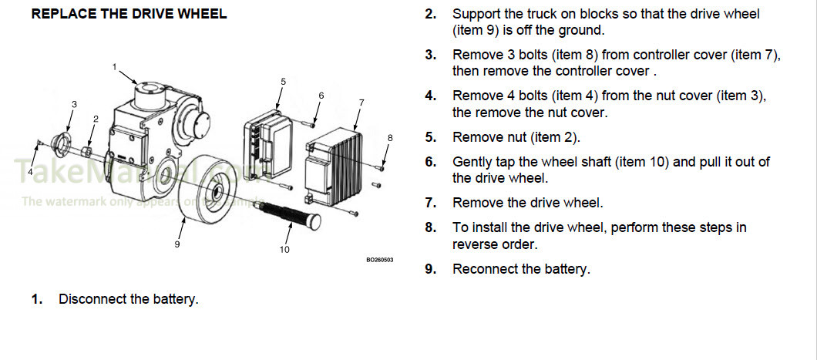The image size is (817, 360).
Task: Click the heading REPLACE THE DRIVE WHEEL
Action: point(129,15)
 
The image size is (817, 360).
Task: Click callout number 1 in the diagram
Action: point(114,67)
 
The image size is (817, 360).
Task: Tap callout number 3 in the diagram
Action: point(74,104)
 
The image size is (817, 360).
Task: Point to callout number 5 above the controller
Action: point(283,81)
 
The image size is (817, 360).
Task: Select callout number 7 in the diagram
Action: point(361,103)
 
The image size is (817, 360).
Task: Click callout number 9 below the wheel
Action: point(177,244)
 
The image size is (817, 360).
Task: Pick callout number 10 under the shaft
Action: point(284,250)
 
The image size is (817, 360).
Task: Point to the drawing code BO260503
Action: point(379,260)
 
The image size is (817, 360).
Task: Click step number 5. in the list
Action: point(431,137)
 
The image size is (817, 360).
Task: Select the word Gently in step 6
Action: point(472,162)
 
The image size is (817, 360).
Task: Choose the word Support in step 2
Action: point(476,14)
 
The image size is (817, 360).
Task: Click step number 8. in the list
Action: point(431,227)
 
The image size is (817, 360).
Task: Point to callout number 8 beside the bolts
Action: point(390,138)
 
